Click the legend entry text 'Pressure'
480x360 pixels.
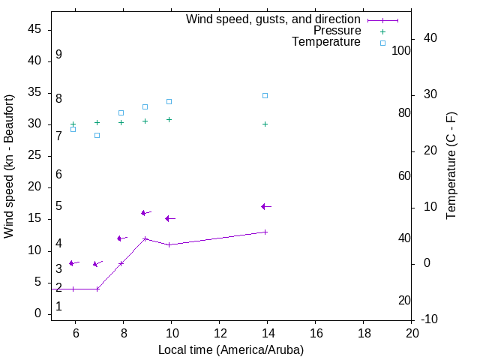(x=337, y=31)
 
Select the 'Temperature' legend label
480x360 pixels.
(x=326, y=42)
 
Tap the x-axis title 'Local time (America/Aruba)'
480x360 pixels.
(x=231, y=349)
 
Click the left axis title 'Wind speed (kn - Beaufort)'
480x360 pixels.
(x=9, y=166)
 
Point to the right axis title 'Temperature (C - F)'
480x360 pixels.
(x=451, y=166)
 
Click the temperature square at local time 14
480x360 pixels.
(x=265, y=95)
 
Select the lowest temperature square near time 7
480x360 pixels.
(x=97, y=135)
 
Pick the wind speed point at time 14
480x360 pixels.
(x=265, y=232)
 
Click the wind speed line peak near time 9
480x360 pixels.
(x=145, y=238)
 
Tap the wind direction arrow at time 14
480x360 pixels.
(x=265, y=206)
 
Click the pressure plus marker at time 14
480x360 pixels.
(x=265, y=124)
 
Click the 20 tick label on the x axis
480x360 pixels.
(x=412, y=333)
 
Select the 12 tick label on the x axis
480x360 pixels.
(x=220, y=333)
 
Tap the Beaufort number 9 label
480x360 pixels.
(x=58, y=55)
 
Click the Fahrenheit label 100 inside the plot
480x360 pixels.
(x=401, y=51)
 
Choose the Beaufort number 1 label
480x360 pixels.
(x=58, y=306)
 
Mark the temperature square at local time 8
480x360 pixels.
(x=121, y=112)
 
